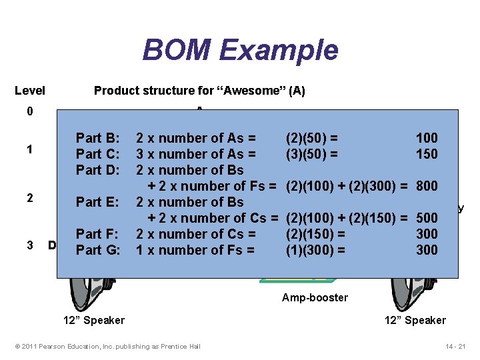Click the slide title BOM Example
pos(240,51)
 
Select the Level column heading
pos(30,91)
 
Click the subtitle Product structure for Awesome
pos(199,91)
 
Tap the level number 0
pos(29,111)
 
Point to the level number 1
pos(29,149)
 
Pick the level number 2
pos(29,198)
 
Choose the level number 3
pos(29,245)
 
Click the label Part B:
pos(98,138)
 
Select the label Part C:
pos(98,154)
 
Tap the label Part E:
pos(98,202)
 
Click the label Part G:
pos(98,250)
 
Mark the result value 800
pos(427,186)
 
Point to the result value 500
pos(427,218)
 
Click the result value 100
pos(427,138)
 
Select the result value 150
pos(427,154)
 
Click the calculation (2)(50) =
pos(311,138)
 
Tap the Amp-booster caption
pos(315,297)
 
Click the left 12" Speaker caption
pos(94,320)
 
